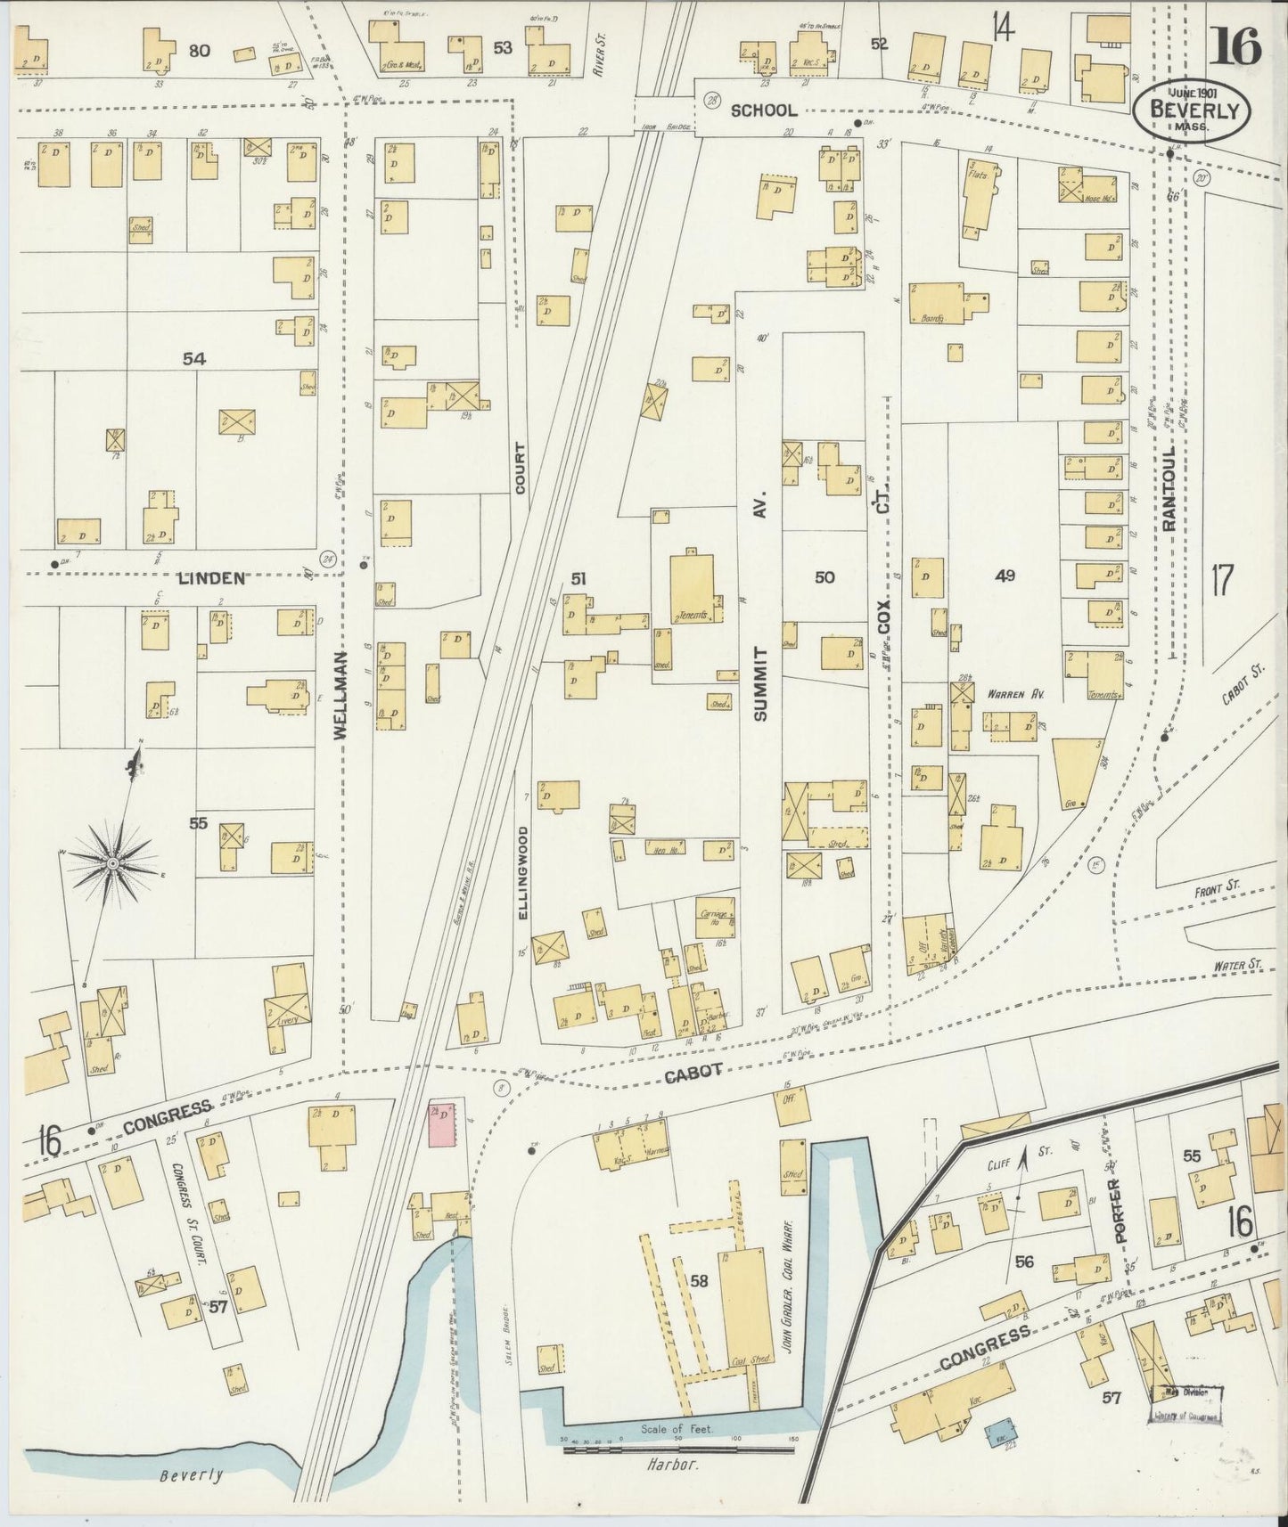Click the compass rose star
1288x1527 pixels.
(x=114, y=862)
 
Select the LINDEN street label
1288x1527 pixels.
(x=211, y=577)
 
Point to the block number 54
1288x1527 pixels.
(x=194, y=358)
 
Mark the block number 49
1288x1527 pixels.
(x=1005, y=576)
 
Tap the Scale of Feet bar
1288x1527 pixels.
(x=677, y=1450)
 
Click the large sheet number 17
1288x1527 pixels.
(x=1220, y=581)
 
